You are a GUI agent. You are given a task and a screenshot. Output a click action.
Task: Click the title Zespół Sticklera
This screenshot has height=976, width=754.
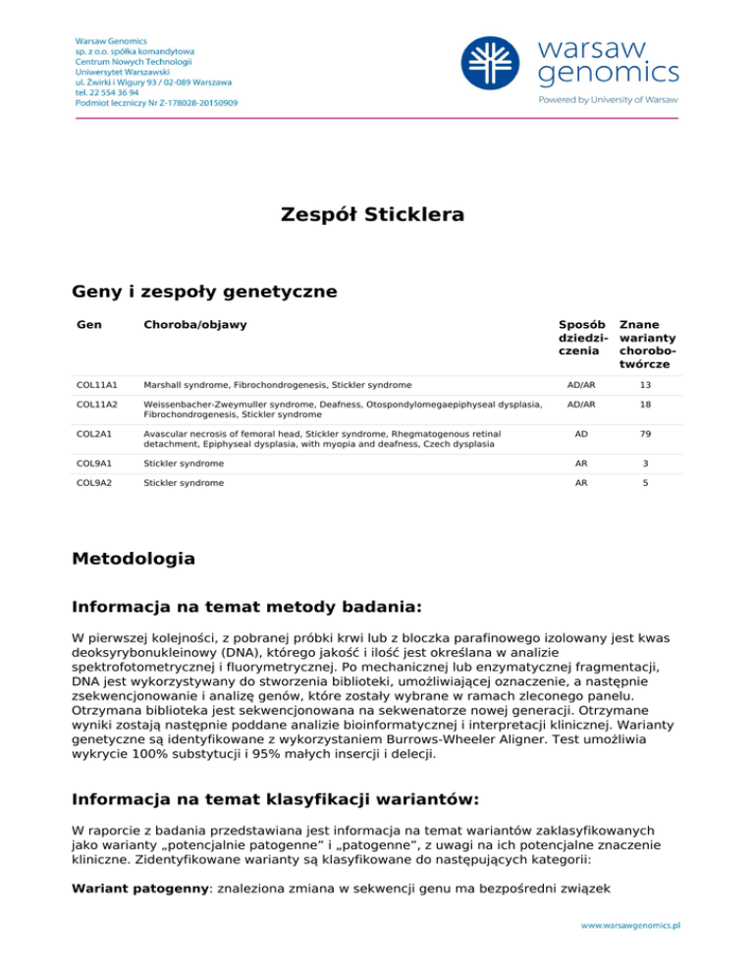point(377,214)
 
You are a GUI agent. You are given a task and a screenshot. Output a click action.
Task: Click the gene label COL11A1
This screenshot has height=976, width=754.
point(96,384)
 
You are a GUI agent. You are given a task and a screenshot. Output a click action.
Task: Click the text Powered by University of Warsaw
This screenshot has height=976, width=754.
point(608,99)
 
